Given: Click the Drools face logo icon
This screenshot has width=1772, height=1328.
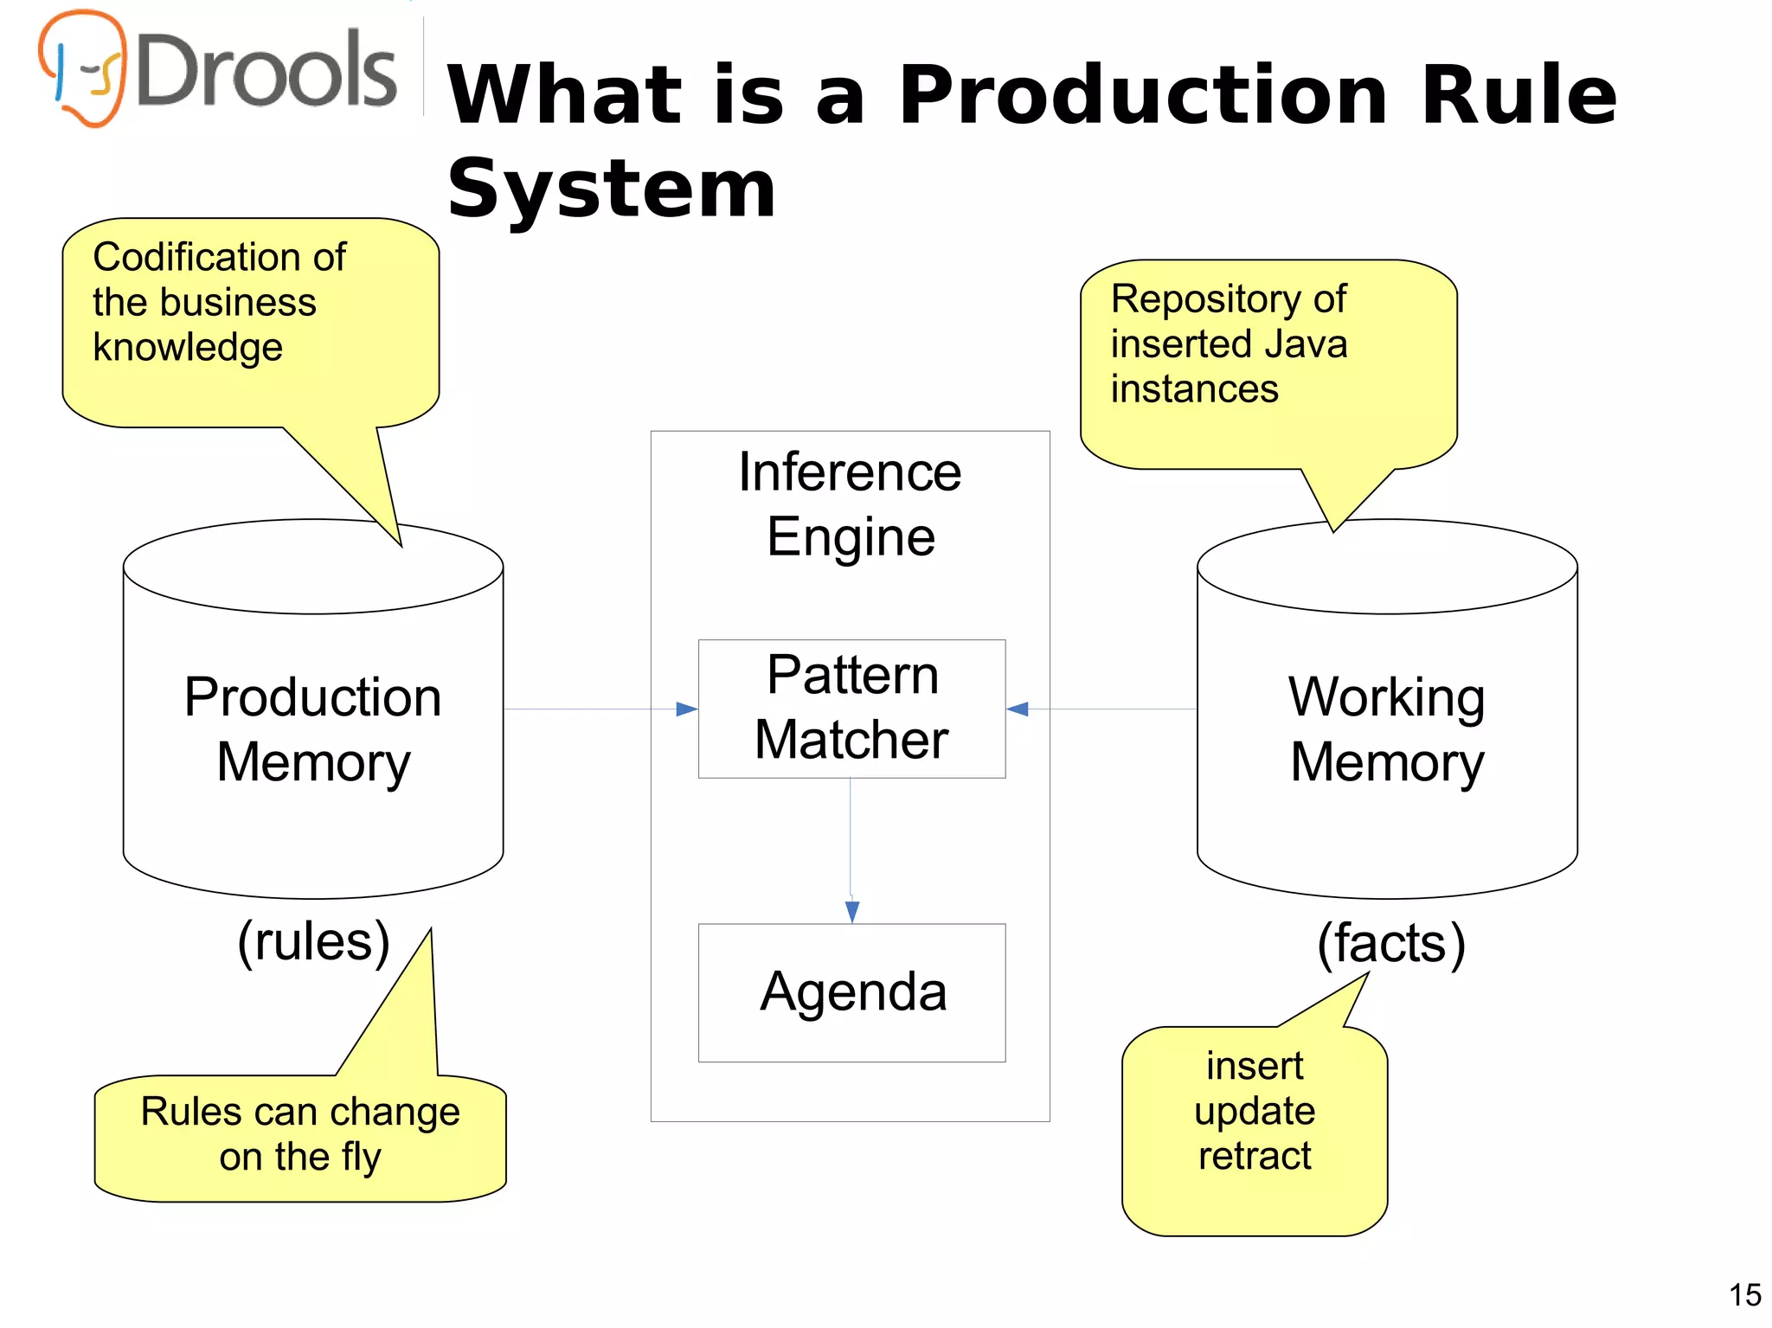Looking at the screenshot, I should (83, 67).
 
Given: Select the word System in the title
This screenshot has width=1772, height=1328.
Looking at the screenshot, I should (611, 189).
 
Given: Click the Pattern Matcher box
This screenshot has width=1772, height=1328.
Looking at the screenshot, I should (851, 709).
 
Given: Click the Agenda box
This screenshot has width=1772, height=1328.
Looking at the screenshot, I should (851, 991).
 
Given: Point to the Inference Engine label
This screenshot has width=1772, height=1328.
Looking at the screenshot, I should (850, 504).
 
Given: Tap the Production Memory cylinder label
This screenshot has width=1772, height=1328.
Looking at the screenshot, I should (313, 728).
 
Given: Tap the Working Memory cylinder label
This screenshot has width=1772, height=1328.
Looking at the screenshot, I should (1386, 728).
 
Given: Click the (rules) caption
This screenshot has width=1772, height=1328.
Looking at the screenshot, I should (313, 941).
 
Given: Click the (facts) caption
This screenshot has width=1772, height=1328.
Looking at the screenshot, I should (1390, 942).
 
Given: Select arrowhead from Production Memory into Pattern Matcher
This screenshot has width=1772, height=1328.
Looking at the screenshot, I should (687, 709).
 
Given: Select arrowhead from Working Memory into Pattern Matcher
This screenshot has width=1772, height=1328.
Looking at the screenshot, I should (1018, 709).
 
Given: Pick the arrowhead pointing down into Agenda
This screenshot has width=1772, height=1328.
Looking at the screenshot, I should (851, 912).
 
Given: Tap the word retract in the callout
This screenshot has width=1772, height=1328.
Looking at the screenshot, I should (1254, 1156).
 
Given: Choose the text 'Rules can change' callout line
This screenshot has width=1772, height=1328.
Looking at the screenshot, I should (300, 1112).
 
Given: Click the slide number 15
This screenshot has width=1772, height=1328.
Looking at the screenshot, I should (1744, 1295).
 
